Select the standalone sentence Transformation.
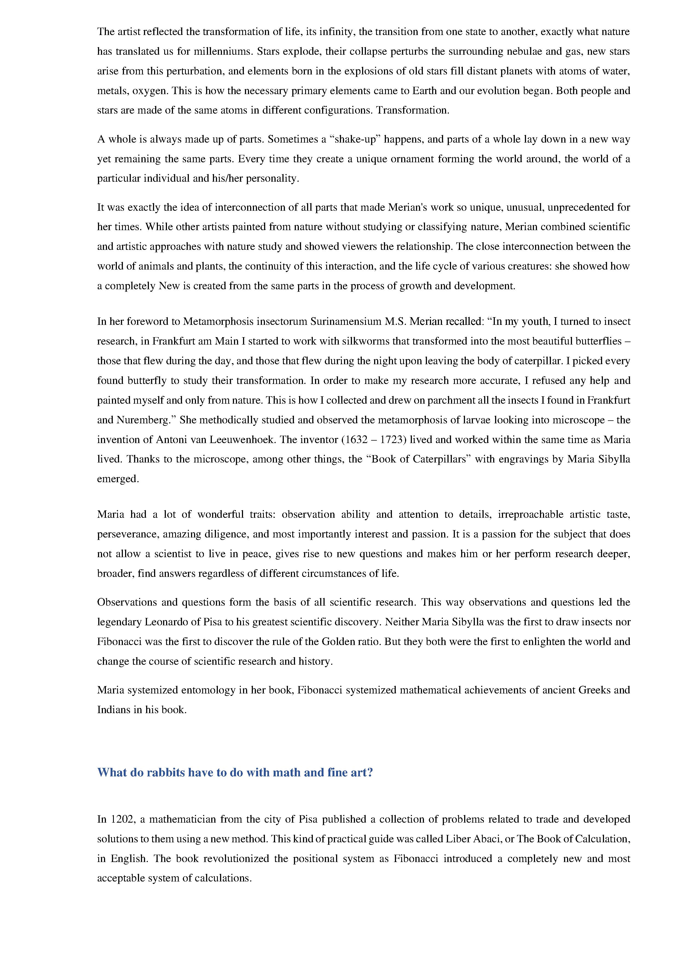tap(413, 110)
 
